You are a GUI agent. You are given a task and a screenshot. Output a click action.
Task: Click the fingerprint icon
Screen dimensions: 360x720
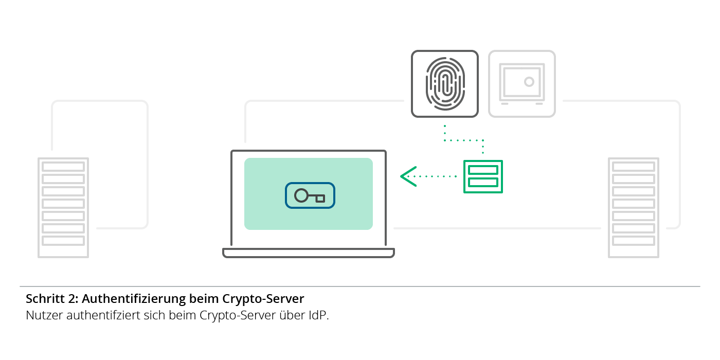click(x=445, y=83)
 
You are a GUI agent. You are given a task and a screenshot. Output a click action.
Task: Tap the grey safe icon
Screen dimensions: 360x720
click(x=522, y=83)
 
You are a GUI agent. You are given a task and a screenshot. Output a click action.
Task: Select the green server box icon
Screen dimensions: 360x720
click(x=483, y=176)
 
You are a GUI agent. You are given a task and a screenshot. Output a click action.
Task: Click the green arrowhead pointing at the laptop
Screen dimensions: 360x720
click(x=408, y=176)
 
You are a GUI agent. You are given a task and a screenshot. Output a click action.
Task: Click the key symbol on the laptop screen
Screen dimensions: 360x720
click(x=310, y=196)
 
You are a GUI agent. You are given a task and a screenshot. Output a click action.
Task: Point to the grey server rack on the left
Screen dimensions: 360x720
click(x=63, y=207)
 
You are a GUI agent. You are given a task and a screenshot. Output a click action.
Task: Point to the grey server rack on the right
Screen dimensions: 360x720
click(x=634, y=207)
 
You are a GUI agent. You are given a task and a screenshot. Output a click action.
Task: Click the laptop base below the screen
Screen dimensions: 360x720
click(x=309, y=253)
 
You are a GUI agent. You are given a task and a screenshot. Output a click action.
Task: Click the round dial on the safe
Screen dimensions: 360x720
click(x=529, y=82)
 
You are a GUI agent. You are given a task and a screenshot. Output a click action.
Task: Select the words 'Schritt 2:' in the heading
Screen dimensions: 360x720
click(x=52, y=299)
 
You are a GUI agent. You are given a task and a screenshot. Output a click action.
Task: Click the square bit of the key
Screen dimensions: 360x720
click(x=320, y=199)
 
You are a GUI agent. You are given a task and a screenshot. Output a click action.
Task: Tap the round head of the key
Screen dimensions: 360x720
click(x=301, y=195)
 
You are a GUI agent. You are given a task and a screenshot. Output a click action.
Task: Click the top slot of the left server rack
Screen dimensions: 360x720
click(x=63, y=167)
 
